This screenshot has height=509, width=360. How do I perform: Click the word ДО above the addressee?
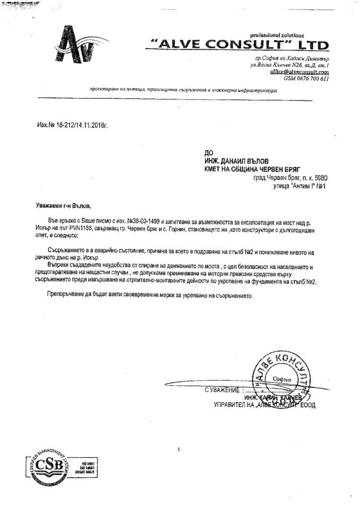209,155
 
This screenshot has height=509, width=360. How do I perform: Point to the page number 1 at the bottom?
178,450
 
